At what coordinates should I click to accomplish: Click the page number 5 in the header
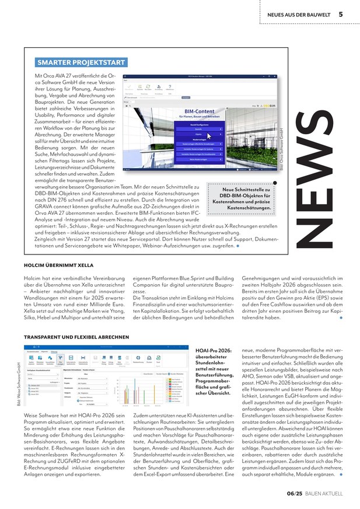click(x=340, y=14)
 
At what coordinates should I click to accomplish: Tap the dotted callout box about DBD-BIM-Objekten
click(x=240, y=198)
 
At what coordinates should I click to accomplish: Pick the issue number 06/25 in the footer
click(x=295, y=494)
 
